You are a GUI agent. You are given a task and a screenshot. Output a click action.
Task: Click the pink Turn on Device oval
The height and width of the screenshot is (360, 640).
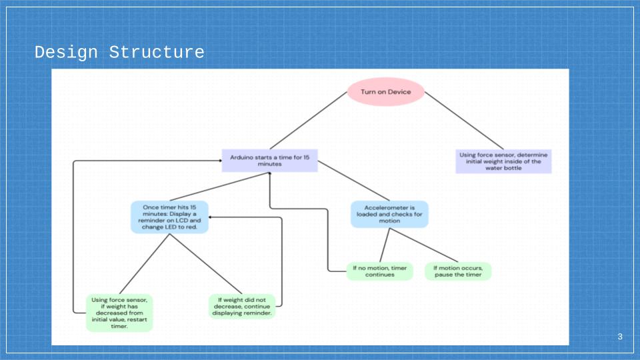pyautogui.click(x=386, y=92)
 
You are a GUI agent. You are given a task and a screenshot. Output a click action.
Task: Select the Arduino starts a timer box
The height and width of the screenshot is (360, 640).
pyautogui.click(x=270, y=161)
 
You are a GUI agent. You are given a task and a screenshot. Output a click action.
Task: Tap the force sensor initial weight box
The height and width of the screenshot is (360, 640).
pyautogui.click(x=503, y=161)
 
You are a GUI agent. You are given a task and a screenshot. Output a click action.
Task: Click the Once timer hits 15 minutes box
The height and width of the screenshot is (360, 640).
pyautogui.click(x=169, y=217)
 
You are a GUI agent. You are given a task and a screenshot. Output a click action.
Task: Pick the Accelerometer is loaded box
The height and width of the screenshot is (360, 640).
pyautogui.click(x=389, y=214)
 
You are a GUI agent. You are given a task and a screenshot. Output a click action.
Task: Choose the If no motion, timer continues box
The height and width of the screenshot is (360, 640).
pyautogui.click(x=379, y=271)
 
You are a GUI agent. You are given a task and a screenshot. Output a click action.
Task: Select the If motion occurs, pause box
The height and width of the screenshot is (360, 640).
pyautogui.click(x=458, y=271)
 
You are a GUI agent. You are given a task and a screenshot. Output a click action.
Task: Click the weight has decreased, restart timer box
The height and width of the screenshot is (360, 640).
pyautogui.click(x=119, y=313)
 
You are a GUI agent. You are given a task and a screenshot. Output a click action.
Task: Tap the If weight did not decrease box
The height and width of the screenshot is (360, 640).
pyautogui.click(x=242, y=307)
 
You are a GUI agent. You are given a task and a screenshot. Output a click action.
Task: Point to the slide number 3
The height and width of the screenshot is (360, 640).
pyautogui.click(x=620, y=337)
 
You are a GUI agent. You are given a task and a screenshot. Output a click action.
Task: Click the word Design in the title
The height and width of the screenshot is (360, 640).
pyautogui.click(x=66, y=53)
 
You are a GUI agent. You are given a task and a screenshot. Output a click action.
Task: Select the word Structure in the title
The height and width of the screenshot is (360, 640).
pyautogui.click(x=157, y=53)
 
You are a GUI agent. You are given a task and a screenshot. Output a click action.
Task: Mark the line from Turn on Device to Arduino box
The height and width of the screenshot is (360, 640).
pyautogui.click(x=308, y=121)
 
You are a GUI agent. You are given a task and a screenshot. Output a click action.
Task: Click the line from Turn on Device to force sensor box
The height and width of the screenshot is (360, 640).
pyautogui.click(x=464, y=121)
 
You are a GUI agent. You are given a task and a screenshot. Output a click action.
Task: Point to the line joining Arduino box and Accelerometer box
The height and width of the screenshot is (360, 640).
pyautogui.click(x=353, y=181)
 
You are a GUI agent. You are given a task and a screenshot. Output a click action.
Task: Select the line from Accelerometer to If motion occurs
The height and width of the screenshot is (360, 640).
pyautogui.click(x=424, y=245)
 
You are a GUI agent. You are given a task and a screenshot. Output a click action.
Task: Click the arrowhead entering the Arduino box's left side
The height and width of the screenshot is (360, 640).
pyautogui.click(x=220, y=161)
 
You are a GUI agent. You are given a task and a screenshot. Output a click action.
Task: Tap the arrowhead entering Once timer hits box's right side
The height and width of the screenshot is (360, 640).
pyautogui.click(x=211, y=217)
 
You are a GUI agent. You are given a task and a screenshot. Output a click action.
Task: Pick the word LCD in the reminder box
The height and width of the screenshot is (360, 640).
pyautogui.click(x=182, y=221)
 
